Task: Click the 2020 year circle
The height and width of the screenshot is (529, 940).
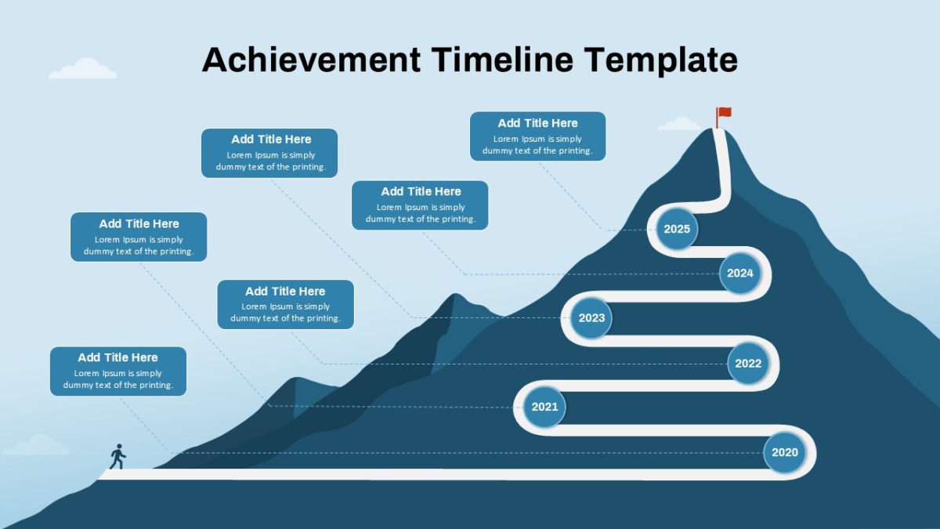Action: pos(784,453)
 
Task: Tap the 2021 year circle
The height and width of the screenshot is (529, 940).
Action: pos(544,407)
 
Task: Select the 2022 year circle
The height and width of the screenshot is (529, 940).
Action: pos(748,364)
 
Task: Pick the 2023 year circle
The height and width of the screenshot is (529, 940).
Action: pos(591,318)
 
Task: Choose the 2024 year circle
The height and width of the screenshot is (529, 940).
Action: pos(739,274)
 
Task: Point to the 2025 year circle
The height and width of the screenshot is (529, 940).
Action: pos(677,229)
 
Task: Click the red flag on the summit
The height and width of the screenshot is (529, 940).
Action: pos(723,117)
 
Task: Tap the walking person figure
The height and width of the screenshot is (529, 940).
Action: pos(118,456)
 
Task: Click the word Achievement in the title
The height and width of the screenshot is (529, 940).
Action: pos(312,60)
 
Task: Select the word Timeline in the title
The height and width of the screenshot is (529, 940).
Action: pos(502,60)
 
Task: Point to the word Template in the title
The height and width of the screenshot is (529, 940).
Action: pos(660,61)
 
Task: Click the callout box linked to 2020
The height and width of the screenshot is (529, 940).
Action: pos(118,371)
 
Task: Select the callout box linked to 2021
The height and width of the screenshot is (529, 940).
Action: pos(139,237)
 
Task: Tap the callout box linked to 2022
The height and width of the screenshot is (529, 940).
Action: pos(285,304)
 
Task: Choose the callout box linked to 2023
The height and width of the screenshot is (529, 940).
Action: pos(269,153)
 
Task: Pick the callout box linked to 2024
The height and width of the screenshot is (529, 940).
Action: pos(420,205)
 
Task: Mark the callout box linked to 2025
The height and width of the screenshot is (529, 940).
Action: pos(537,136)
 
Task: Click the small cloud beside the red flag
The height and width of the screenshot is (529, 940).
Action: pos(679,124)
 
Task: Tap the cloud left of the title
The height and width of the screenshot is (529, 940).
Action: pos(83,68)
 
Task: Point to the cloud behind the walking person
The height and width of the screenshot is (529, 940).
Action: pos(37,444)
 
